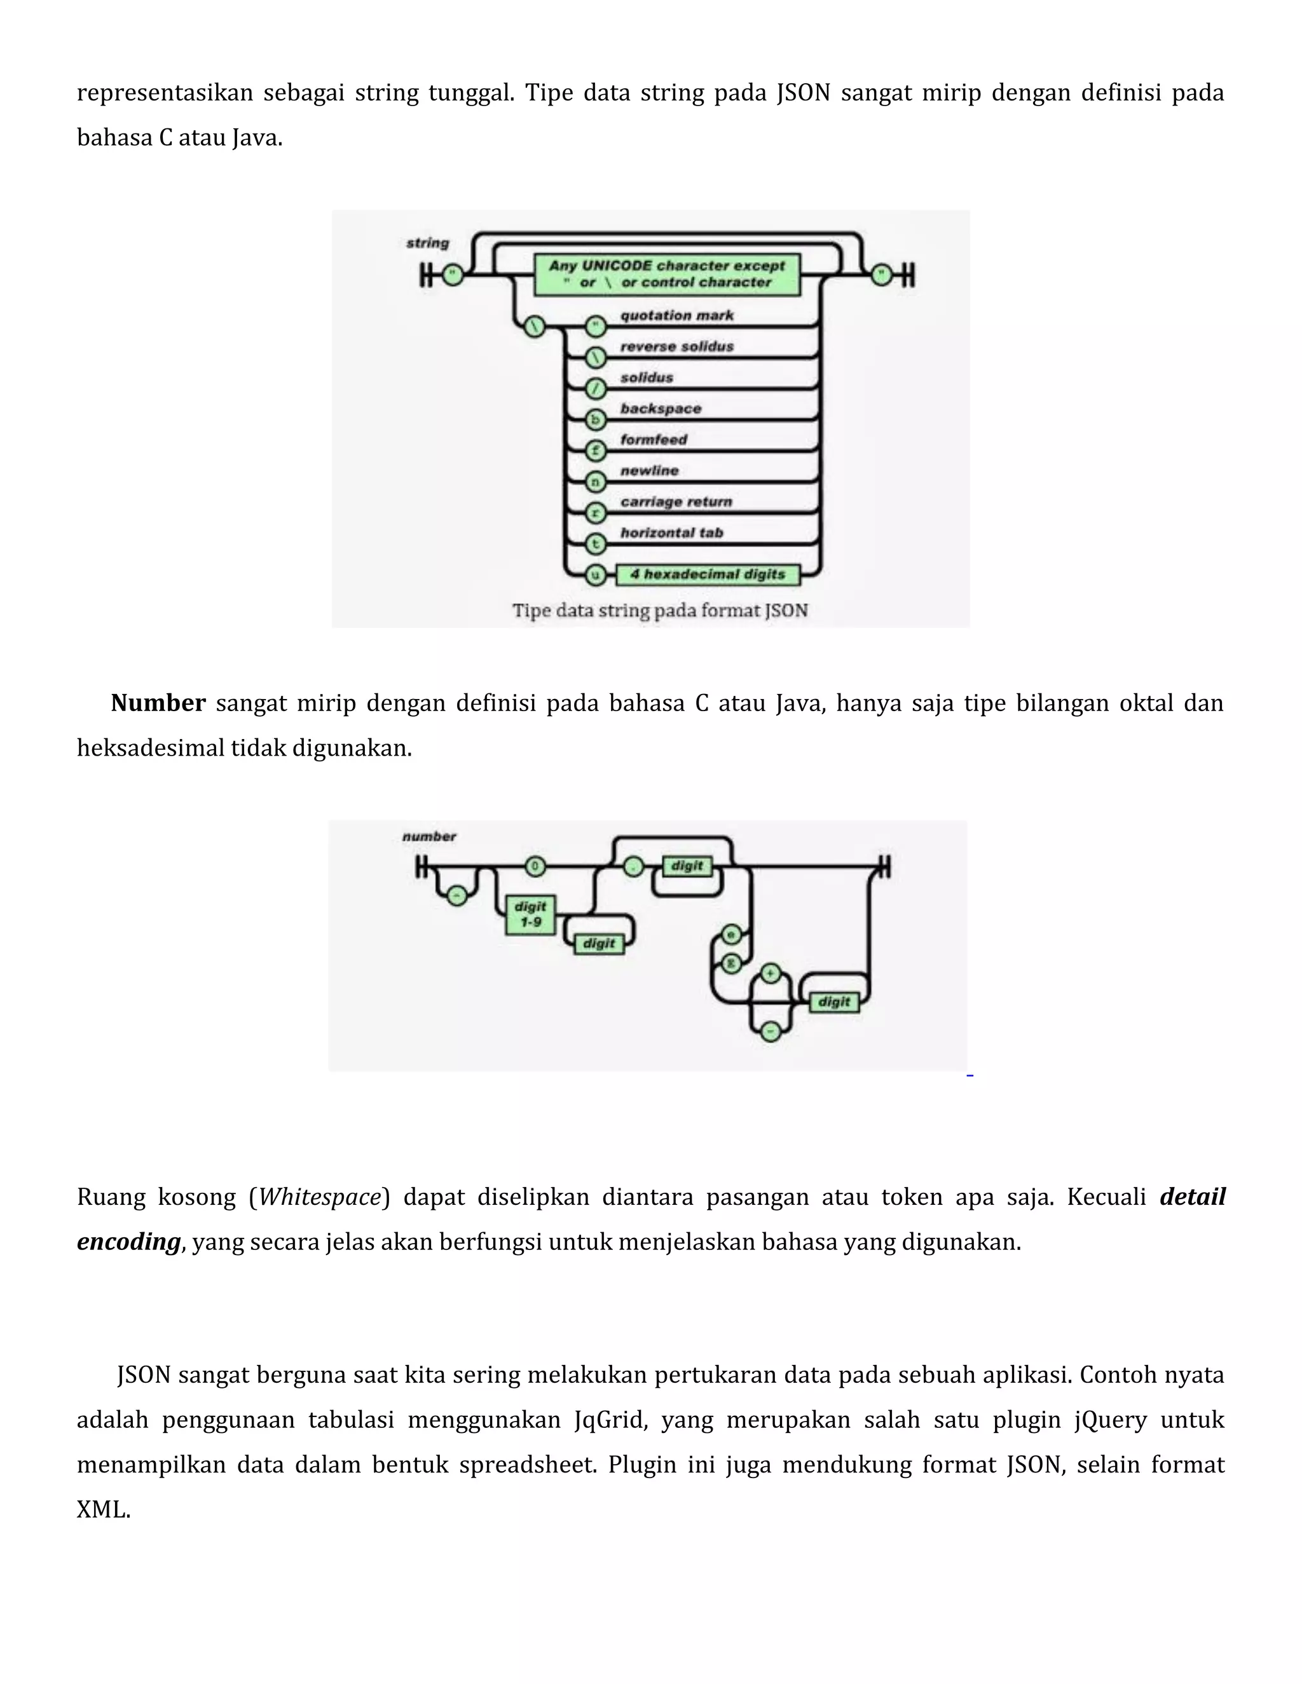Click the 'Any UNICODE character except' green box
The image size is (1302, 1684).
coord(667,275)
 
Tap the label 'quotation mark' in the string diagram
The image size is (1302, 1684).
coord(676,315)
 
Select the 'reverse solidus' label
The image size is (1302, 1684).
coord(676,346)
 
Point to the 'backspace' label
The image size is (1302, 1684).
coord(661,409)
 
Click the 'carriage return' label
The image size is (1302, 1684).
coord(676,502)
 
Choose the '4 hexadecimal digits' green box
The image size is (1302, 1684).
coord(708,574)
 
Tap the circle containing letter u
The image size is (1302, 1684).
coord(594,574)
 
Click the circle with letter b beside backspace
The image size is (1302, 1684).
coord(594,420)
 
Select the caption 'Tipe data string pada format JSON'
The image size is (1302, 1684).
coord(661,611)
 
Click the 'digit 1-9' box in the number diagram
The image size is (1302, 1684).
coord(531,914)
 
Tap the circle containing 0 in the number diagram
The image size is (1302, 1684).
coord(535,867)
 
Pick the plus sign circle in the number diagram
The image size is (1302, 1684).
coord(770,974)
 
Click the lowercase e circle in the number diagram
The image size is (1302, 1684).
coord(730,935)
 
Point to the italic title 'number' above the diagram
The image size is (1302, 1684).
coord(429,837)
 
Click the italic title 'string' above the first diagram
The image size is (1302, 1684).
coord(427,243)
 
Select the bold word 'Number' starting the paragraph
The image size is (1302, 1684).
coord(158,703)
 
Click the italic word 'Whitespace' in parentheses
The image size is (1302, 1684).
coord(319,1197)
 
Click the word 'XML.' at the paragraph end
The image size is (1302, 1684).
coord(104,1509)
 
